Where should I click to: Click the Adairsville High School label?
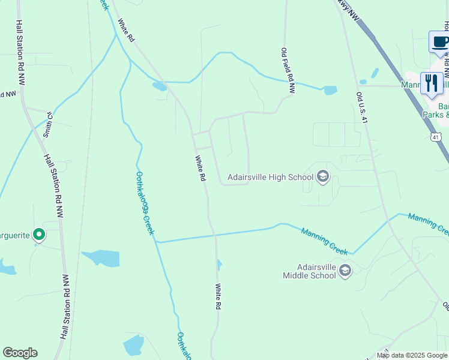click(x=270, y=178)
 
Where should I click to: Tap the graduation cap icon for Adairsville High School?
click(x=323, y=176)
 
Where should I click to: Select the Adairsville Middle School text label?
click(x=309, y=271)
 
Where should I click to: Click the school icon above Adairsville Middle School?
click(x=345, y=271)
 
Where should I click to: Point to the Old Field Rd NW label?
click(x=289, y=71)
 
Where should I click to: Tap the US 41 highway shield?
click(x=436, y=137)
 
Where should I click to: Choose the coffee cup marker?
click(x=440, y=43)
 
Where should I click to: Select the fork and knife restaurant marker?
click(x=431, y=83)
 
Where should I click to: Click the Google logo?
click(x=20, y=353)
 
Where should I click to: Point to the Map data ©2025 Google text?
click(x=412, y=355)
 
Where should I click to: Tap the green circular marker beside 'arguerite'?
click(x=39, y=234)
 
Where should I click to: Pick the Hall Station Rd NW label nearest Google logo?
click(x=65, y=307)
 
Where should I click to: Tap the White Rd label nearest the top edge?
click(x=125, y=31)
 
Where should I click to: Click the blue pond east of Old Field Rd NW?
click(x=330, y=91)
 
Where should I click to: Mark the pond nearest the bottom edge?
click(x=133, y=346)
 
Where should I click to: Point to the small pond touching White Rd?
click(x=219, y=264)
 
